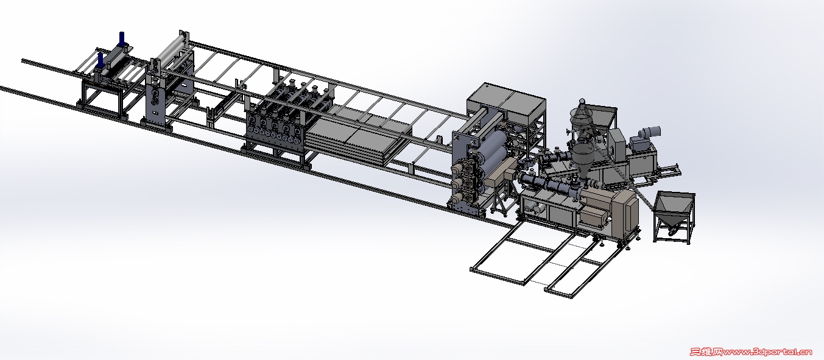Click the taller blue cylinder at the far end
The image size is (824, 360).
click(122, 39)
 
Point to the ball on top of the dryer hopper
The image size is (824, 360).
click(582, 101)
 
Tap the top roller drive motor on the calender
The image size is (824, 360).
click(457, 168)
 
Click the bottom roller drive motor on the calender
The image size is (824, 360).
click(457, 198)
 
